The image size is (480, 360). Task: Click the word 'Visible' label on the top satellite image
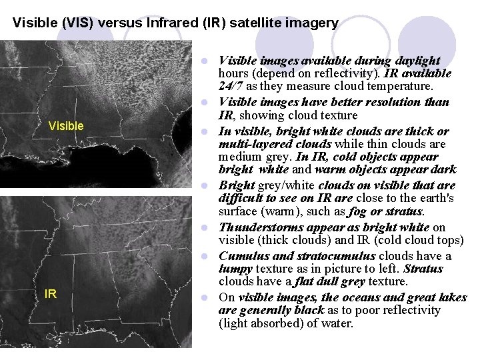[67, 126]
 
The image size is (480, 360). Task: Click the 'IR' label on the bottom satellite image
[50, 293]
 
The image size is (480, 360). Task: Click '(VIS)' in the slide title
[80, 23]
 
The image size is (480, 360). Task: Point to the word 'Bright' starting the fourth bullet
[235, 185]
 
